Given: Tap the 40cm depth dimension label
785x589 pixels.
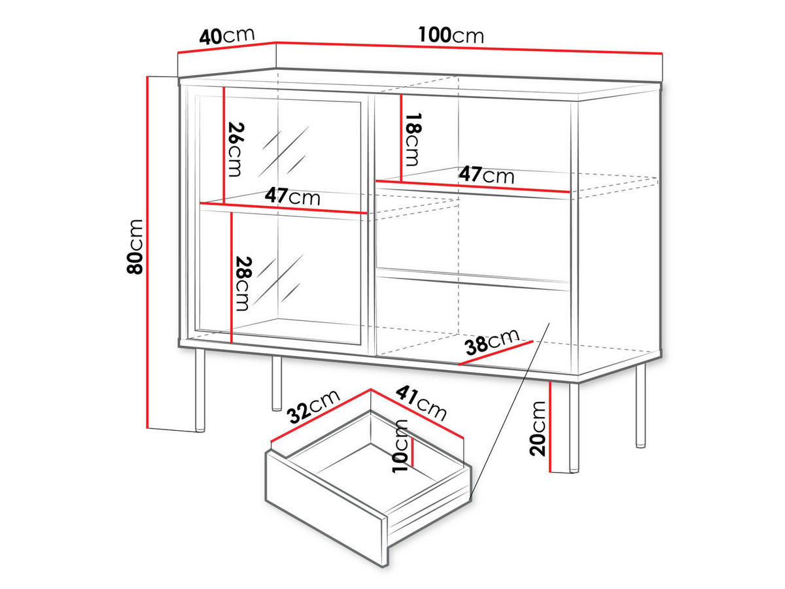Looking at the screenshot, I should pyautogui.click(x=226, y=36).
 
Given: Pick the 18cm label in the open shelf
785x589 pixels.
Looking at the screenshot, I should pyautogui.click(x=412, y=139).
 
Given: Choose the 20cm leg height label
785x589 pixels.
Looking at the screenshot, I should pyautogui.click(x=537, y=428).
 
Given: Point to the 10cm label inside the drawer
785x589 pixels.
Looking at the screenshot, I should pyautogui.click(x=400, y=445).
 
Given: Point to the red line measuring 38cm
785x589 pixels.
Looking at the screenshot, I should pyautogui.click(x=497, y=352).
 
